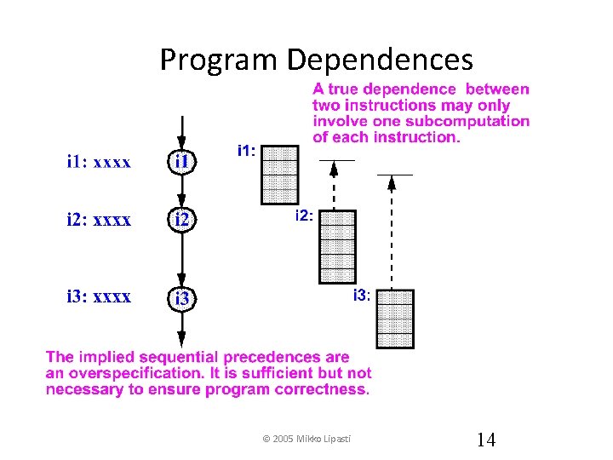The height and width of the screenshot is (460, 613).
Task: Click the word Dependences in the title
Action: click(379, 60)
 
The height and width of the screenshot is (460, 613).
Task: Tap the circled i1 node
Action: click(183, 162)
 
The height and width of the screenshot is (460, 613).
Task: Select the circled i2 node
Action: click(183, 221)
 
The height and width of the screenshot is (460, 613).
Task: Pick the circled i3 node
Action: click(183, 299)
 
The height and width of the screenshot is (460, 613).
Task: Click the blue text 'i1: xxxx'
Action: click(99, 162)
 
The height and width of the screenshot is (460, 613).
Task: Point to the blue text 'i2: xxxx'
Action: click(99, 220)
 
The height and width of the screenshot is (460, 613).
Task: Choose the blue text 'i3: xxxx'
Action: click(99, 296)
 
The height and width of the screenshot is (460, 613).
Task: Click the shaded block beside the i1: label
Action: click(280, 174)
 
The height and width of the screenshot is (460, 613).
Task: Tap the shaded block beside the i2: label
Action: click(336, 245)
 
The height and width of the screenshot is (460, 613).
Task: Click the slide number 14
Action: click(486, 440)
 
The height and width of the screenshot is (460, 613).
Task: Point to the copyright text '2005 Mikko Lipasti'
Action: click(311, 439)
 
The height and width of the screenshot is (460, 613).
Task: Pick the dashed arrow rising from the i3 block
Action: click(391, 230)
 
